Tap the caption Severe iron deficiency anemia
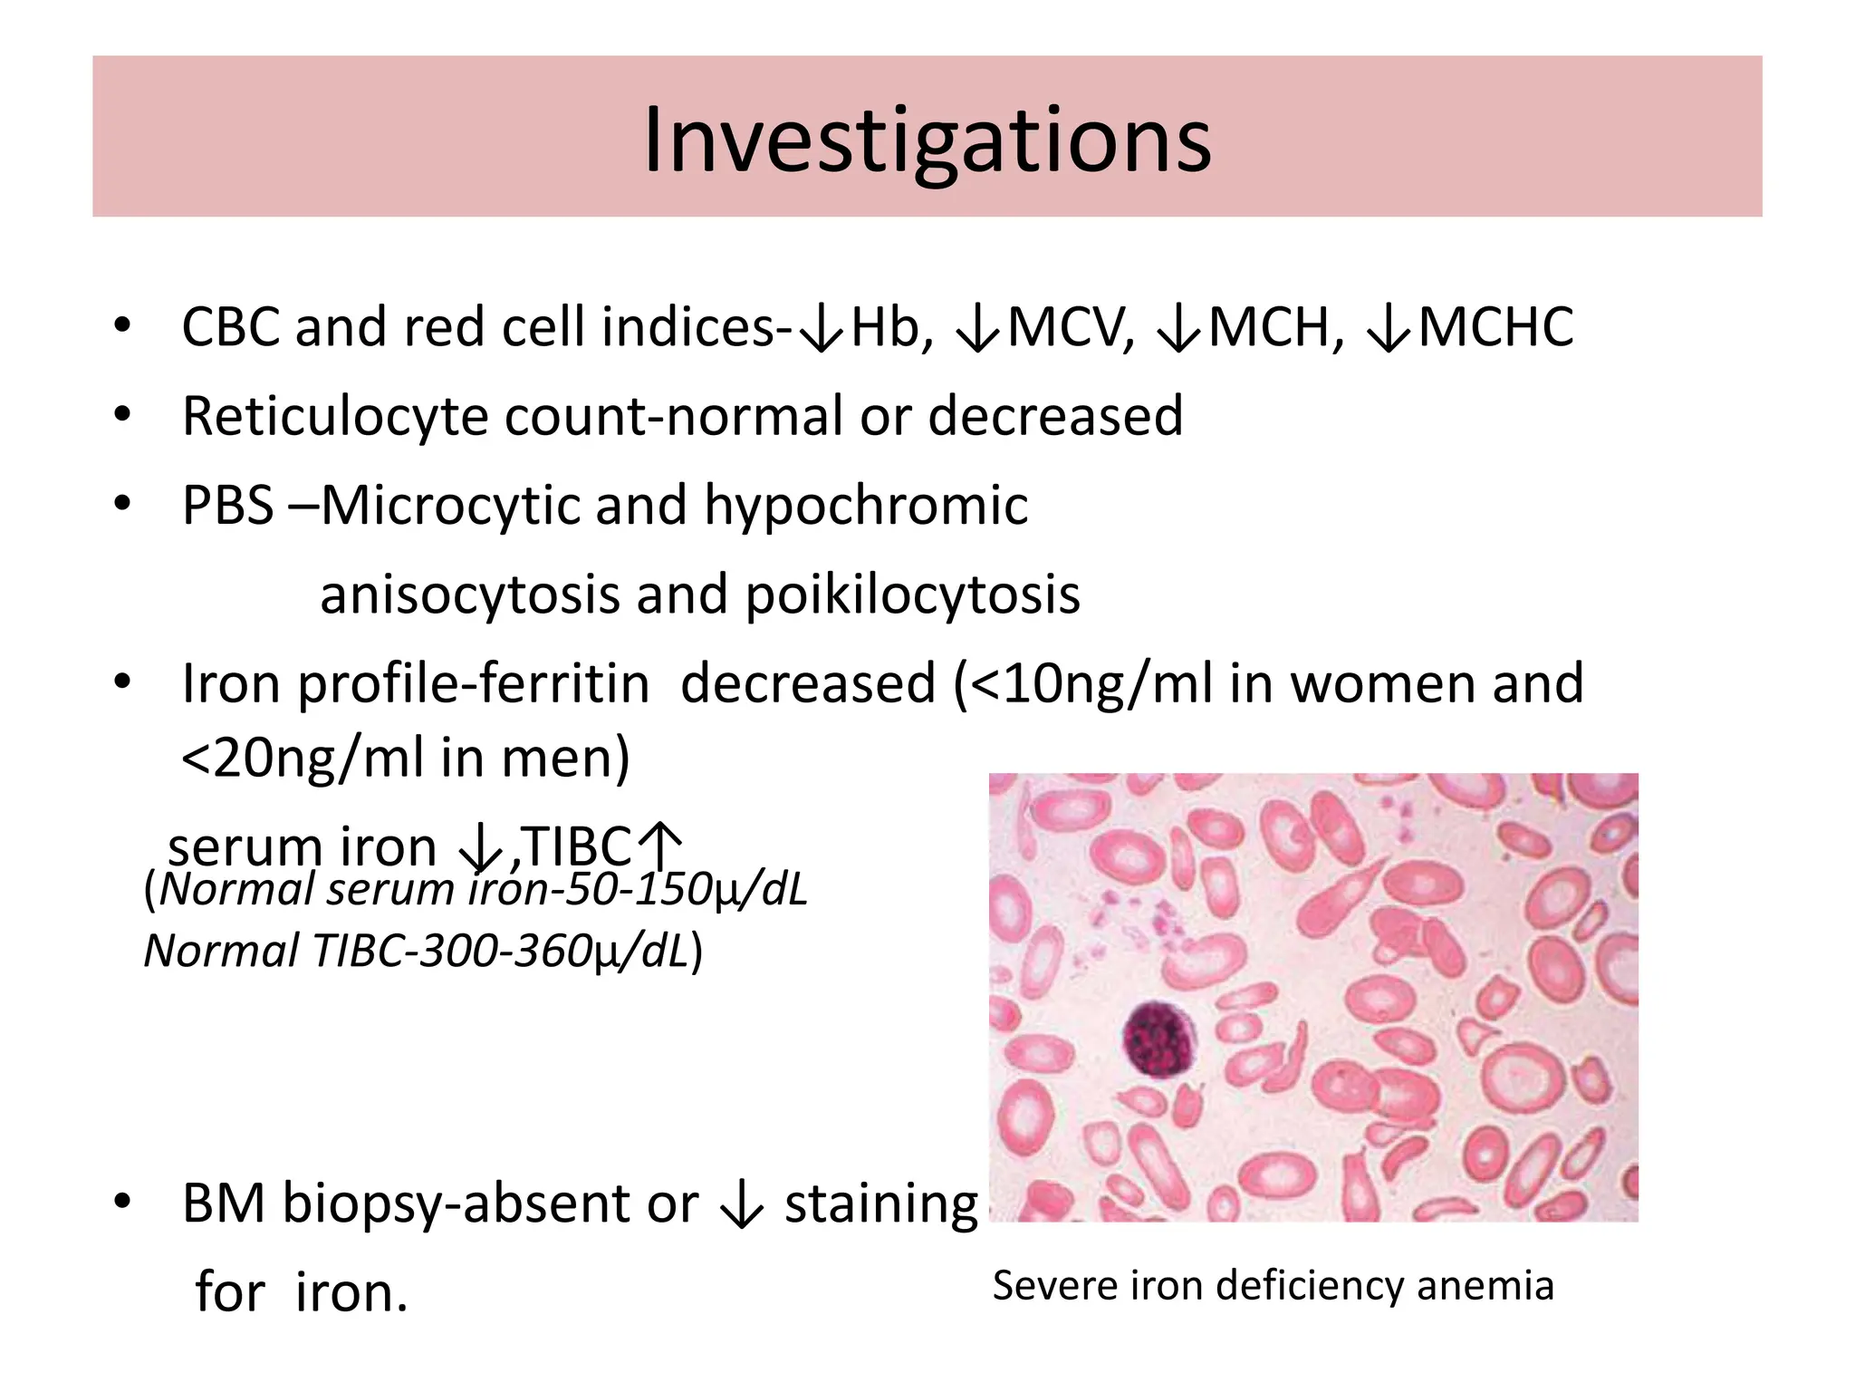pos(1273,1285)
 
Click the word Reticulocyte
pos(335,417)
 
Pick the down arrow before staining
pos(742,1205)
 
